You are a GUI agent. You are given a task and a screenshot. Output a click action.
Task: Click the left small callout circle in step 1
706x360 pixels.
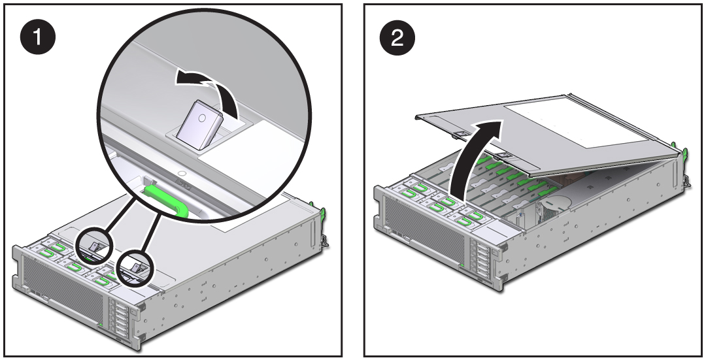(x=95, y=245)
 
